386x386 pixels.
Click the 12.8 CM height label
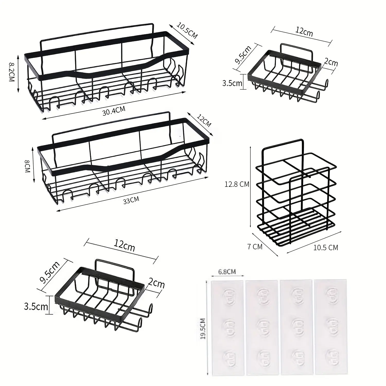pyautogui.click(x=237, y=184)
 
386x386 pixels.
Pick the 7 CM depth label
pyautogui.click(x=255, y=247)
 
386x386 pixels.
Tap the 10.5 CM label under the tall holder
pyautogui.click(x=326, y=248)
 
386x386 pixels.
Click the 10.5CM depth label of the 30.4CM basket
pyautogui.click(x=187, y=31)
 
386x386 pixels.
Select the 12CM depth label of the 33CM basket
pyautogui.click(x=204, y=120)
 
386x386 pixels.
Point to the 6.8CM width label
pyautogui.click(x=227, y=271)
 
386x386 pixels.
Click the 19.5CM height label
pyautogui.click(x=203, y=329)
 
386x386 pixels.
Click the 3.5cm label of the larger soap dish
pyautogui.click(x=36, y=307)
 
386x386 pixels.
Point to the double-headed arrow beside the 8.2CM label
pyautogui.click(x=18, y=73)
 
